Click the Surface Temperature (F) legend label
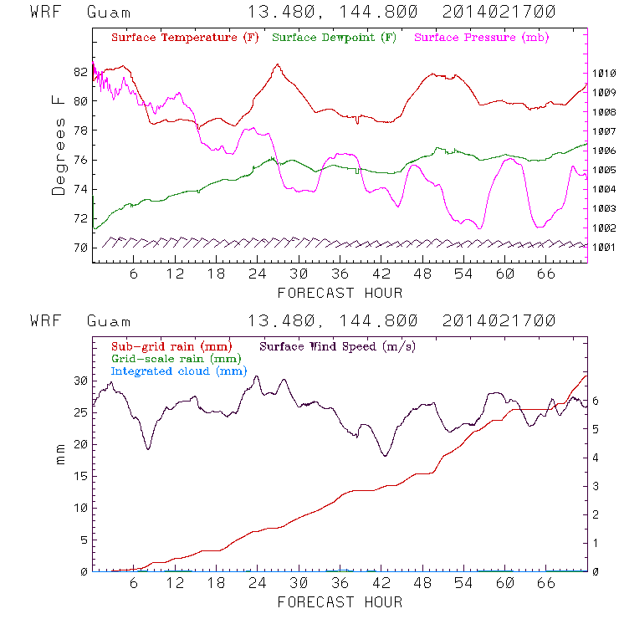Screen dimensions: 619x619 coord(185,38)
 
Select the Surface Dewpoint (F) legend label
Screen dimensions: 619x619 coord(334,38)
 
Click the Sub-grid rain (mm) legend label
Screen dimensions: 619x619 coord(171,345)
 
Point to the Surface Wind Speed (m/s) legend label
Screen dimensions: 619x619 coord(338,345)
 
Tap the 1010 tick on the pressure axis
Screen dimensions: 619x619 coord(605,74)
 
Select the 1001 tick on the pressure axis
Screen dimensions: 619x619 coord(605,248)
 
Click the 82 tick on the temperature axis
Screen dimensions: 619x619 coord(80,72)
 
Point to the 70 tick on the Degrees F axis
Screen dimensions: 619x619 coord(80,248)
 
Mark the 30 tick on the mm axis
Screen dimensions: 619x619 coord(80,381)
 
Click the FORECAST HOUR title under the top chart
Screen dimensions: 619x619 coord(340,293)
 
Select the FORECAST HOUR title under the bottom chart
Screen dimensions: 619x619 coord(340,601)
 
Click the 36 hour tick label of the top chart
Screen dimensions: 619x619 coord(340,275)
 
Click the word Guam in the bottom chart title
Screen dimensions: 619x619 coord(109,321)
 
